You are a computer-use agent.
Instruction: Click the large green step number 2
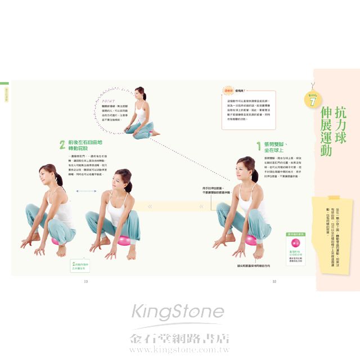[x=62, y=145]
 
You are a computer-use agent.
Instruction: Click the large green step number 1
[x=259, y=147]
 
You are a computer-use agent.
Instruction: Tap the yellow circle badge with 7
[x=313, y=100]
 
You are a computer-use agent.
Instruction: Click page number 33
[x=86, y=281]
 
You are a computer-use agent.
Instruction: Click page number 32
[x=274, y=281]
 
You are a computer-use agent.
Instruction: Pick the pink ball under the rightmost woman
[x=251, y=240]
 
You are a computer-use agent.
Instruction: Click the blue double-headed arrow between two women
[x=84, y=192]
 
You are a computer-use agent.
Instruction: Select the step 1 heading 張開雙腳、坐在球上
[x=279, y=147]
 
